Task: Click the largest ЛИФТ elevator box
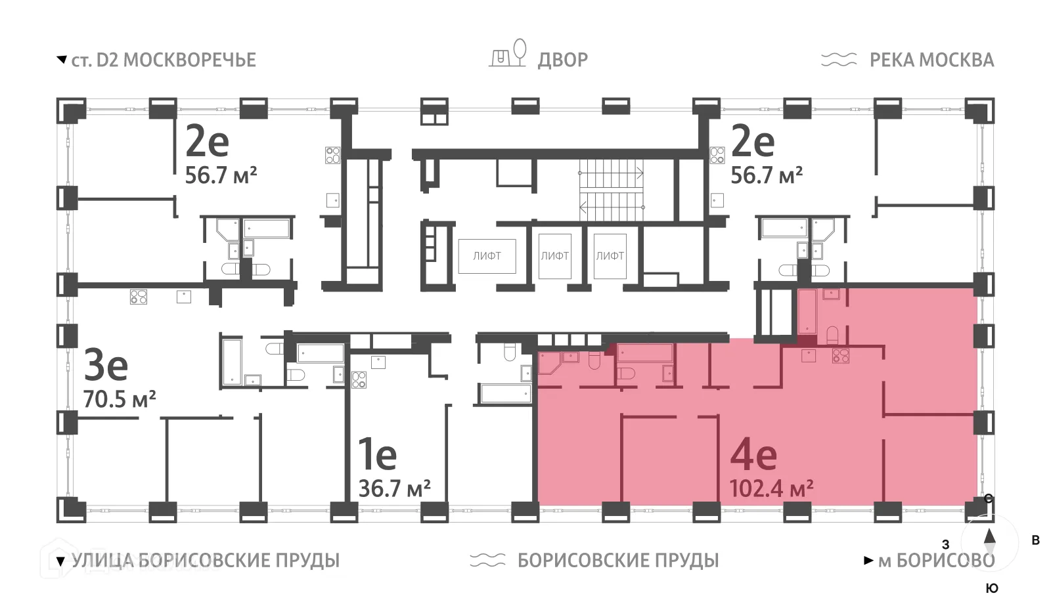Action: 487,256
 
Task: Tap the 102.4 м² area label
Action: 771,488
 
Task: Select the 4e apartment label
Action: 753,454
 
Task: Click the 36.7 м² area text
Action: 394,488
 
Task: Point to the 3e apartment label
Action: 105,366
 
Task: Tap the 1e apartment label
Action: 377,454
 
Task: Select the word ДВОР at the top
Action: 562,60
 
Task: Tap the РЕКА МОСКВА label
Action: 931,60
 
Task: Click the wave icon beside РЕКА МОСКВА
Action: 839,60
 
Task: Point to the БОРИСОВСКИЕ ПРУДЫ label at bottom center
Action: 617,561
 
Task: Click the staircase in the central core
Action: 611,190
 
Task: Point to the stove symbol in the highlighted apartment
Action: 840,356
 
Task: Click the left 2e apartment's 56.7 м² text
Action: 221,175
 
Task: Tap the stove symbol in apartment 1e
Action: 358,379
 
